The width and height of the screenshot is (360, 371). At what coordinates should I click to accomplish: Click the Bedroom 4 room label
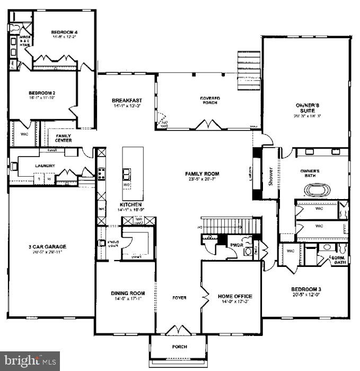click(59, 31)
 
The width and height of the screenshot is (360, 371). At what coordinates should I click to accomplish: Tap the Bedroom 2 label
click(42, 93)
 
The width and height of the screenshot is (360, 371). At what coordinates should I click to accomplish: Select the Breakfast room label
click(127, 100)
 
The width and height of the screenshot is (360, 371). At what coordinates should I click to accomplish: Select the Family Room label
click(201, 174)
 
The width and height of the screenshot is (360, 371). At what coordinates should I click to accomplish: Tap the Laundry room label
click(45, 166)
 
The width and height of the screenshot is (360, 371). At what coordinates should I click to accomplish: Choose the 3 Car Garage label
click(46, 245)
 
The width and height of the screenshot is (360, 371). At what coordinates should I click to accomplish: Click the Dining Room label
click(127, 293)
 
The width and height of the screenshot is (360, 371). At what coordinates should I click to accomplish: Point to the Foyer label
click(179, 298)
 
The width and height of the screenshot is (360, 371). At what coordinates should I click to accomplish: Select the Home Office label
click(235, 296)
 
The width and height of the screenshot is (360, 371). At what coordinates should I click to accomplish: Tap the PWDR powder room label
click(236, 245)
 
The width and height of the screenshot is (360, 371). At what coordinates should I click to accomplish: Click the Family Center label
click(64, 138)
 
